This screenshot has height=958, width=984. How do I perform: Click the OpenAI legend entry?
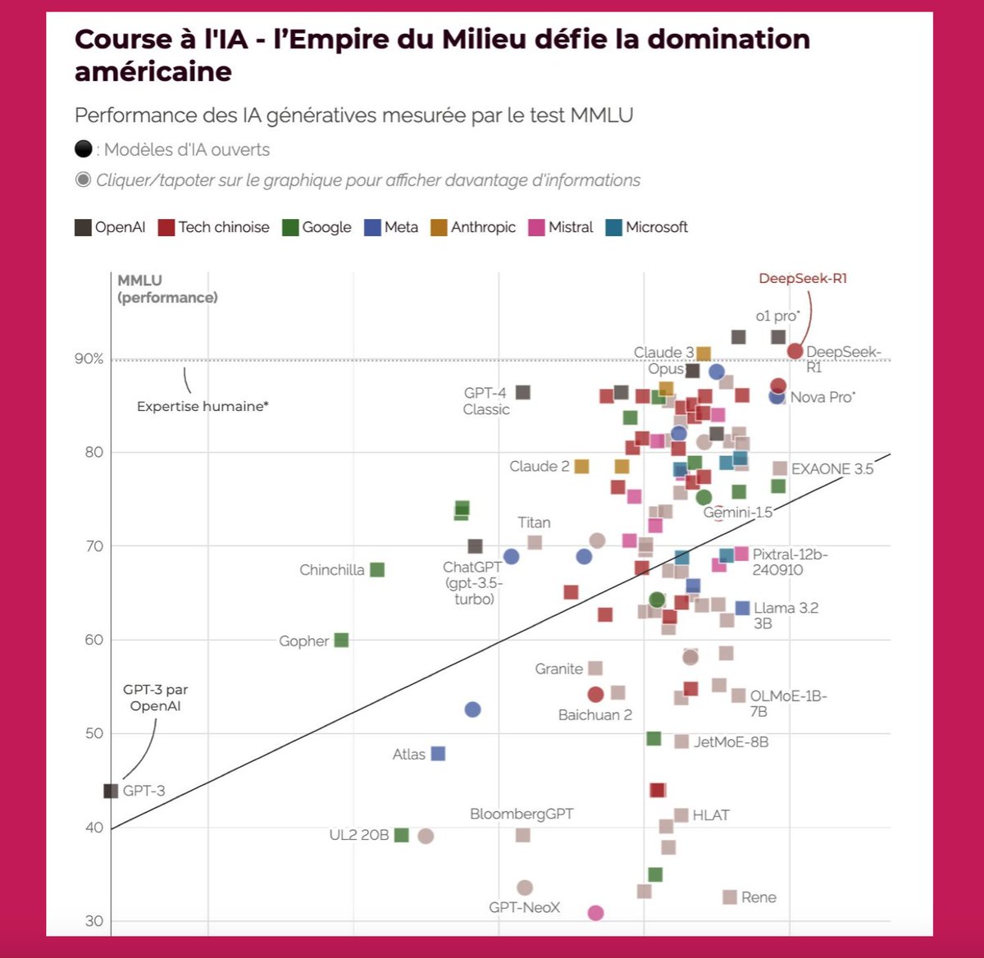110,227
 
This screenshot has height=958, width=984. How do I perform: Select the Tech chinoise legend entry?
213,227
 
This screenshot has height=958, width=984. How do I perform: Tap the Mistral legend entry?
561,227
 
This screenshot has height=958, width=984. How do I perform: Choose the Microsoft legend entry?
647,227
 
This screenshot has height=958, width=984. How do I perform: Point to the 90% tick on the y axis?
89,358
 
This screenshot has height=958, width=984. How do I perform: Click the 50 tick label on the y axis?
93,733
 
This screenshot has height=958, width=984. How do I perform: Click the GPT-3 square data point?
111,791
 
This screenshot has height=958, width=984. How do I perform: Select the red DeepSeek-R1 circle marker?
795,351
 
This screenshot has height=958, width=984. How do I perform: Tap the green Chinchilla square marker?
377,569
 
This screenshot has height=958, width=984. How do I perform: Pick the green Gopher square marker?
341,640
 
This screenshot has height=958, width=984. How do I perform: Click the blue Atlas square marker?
438,753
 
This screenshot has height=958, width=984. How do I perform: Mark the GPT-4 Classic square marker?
522,392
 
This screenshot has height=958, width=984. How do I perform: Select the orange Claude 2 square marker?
581,466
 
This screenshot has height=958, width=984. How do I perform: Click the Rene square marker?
729,896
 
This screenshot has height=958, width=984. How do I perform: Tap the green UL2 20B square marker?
401,835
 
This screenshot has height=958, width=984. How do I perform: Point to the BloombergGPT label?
522,814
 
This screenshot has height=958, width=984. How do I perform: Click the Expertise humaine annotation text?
203,406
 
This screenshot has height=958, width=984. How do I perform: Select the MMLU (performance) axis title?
167,289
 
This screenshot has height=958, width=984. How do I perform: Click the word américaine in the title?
153,72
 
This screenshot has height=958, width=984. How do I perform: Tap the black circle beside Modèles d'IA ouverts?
83,149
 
